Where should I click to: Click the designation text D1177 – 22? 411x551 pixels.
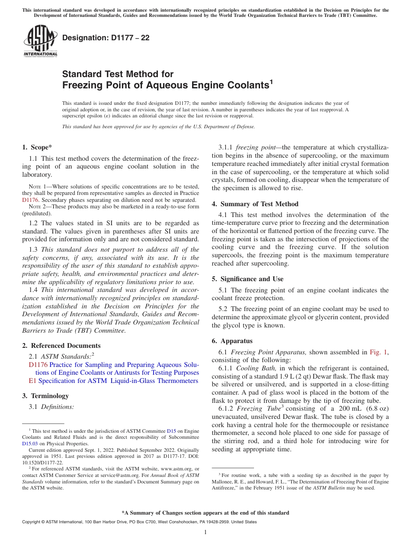106,38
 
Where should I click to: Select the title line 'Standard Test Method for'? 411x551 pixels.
118,74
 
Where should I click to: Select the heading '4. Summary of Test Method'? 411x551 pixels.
255,204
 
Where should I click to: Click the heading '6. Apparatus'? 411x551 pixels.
232,341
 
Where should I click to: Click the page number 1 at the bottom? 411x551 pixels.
205,532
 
